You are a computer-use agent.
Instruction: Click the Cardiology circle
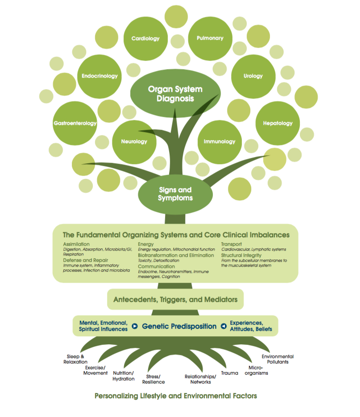click(145, 38)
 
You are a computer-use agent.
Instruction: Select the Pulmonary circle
click(210, 38)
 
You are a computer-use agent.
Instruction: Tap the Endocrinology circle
click(99, 76)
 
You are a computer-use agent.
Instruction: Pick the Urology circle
click(253, 76)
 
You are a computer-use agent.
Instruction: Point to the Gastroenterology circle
click(75, 123)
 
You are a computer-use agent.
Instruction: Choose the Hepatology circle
click(278, 123)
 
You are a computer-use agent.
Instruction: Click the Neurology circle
click(134, 142)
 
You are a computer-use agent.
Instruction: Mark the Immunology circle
click(220, 142)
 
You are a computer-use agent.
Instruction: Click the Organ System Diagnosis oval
click(175, 93)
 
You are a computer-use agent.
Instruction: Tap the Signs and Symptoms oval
click(175, 194)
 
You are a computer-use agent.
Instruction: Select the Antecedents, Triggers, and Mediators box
click(175, 299)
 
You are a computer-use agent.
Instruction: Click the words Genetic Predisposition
click(179, 326)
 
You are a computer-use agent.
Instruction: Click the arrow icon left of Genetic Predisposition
click(135, 326)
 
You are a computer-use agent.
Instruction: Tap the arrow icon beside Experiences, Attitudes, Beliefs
click(224, 326)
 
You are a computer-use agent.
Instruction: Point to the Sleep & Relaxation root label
click(75, 359)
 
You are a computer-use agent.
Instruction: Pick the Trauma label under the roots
click(230, 373)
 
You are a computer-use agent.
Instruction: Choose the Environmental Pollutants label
click(278, 359)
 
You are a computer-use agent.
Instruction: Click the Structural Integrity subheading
click(241, 255)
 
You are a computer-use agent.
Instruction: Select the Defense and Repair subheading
click(85, 260)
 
